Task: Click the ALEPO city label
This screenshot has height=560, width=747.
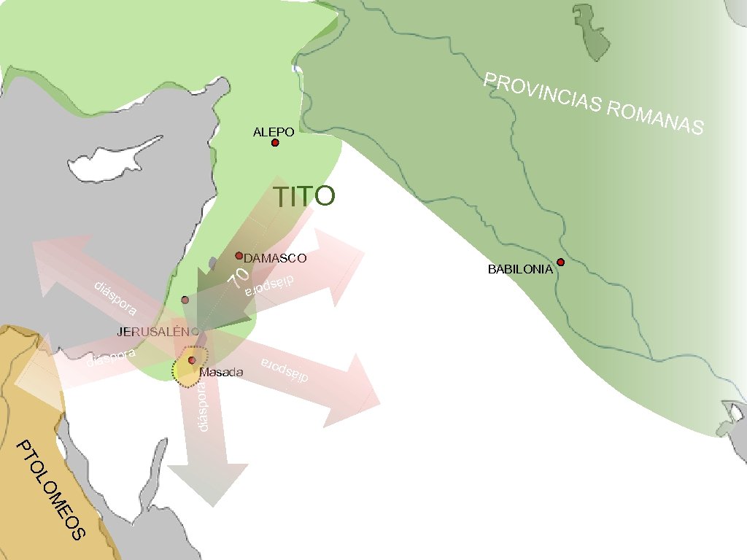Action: point(274,132)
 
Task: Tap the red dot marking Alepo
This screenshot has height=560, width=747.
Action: point(275,143)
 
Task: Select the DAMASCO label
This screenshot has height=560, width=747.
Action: point(275,258)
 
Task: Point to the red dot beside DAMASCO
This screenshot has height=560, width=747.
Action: point(239,256)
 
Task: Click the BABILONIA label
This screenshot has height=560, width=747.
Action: point(520,270)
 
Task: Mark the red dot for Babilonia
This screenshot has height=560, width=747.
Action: point(560,262)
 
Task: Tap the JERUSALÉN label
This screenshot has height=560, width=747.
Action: point(158,332)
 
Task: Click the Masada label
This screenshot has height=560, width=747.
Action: point(221,373)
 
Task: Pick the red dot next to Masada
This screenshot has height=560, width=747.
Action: point(192,360)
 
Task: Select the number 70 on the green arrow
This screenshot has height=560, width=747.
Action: point(239,277)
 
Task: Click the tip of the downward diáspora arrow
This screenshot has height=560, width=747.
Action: point(212,504)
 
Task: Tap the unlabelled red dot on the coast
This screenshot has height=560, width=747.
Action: point(185,300)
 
